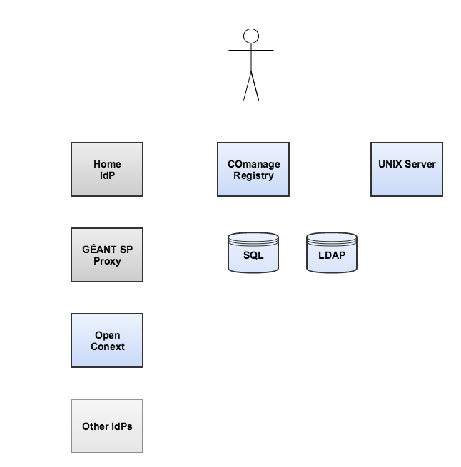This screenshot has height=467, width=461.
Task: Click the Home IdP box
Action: (x=107, y=169)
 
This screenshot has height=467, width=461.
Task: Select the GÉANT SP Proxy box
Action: (x=107, y=255)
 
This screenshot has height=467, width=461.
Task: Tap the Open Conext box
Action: (x=107, y=340)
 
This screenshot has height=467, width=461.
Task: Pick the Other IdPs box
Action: (x=107, y=426)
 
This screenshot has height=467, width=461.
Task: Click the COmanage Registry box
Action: (x=253, y=169)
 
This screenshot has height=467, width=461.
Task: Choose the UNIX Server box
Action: (x=407, y=169)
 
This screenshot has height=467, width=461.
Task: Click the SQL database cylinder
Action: (x=253, y=252)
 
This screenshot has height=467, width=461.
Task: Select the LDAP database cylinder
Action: (x=332, y=252)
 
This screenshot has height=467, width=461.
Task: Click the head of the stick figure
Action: (x=251, y=36)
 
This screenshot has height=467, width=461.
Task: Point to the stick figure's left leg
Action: (x=248, y=86)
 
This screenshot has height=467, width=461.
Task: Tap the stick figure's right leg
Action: (x=255, y=86)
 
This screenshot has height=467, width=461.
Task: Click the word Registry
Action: (x=253, y=175)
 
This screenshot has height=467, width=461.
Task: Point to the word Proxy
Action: (x=107, y=261)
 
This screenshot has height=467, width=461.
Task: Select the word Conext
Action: (x=108, y=347)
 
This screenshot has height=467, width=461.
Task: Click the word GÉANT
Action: (x=96, y=249)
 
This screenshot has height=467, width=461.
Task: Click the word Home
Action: (x=107, y=164)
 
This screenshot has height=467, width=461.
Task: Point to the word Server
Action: (x=420, y=164)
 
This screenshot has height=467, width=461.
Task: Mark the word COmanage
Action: (x=254, y=165)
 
